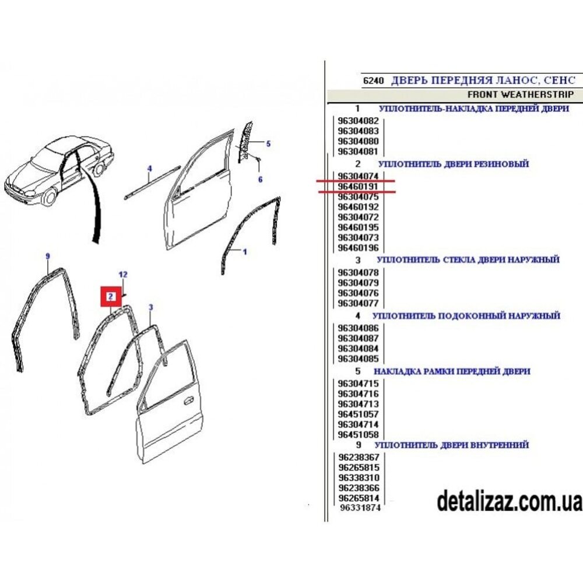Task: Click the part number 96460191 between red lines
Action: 358,187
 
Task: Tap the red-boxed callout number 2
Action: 111,296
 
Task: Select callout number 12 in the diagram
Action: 123,275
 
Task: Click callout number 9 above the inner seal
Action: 48,256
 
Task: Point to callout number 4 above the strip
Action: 149,169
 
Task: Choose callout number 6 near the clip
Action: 260,180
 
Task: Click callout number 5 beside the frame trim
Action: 268,143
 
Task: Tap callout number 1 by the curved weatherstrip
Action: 245,252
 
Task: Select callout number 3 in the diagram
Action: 150,307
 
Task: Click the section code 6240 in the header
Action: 373,80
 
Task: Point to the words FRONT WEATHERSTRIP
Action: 521,94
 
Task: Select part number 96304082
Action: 358,121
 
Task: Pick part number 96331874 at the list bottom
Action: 360,508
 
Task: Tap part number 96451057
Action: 358,414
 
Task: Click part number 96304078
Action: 358,272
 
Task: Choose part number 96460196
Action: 358,248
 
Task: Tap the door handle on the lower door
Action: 188,401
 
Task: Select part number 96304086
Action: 358,328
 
